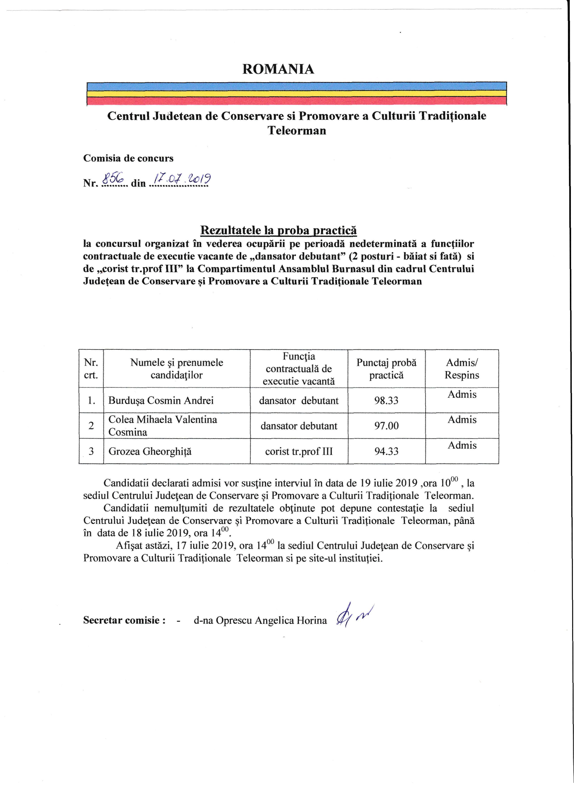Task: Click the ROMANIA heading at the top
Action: pyautogui.click(x=278, y=69)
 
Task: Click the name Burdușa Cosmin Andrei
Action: pyautogui.click(x=161, y=400)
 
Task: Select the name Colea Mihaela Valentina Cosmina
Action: pyautogui.click(x=163, y=426)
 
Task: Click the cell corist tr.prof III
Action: pyautogui.click(x=299, y=451)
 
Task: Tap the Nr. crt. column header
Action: pyautogui.click(x=91, y=369)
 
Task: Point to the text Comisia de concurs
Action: pyautogui.click(x=128, y=158)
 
